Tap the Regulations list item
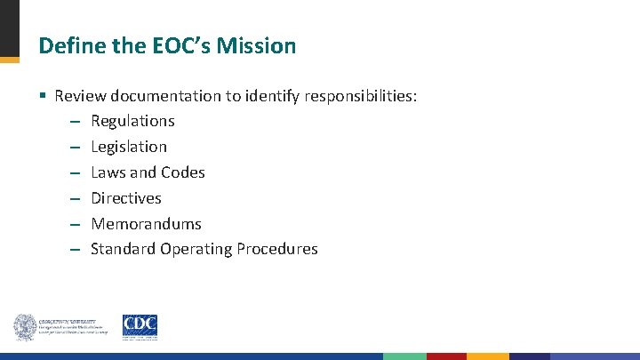pyautogui.click(x=132, y=121)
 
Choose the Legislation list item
pyautogui.click(x=129, y=147)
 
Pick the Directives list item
pyautogui.click(x=126, y=198)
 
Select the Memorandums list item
pyautogui.click(x=146, y=224)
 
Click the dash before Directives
pyautogui.click(x=74, y=198)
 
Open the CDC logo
pyautogui.click(x=140, y=327)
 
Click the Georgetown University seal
pyautogui.click(x=24, y=327)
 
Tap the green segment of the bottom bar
pyautogui.click(x=404, y=356)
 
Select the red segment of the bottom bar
pyautogui.click(x=446, y=356)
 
